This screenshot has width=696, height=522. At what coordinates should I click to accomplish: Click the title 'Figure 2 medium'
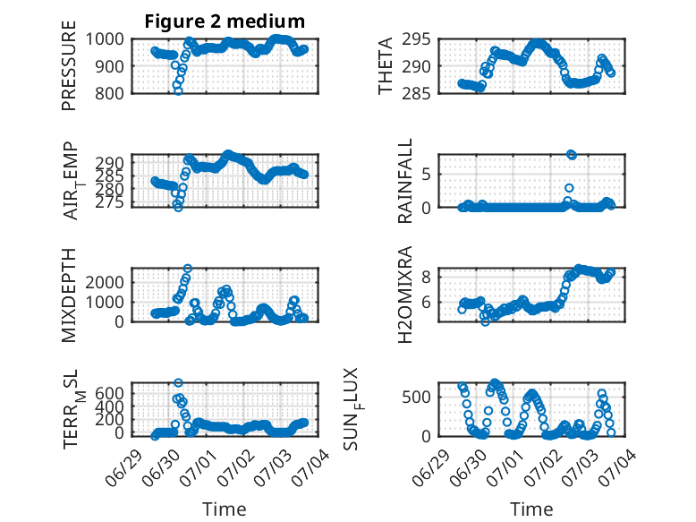[x=225, y=21]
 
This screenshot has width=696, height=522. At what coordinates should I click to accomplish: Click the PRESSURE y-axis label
[x=69, y=65]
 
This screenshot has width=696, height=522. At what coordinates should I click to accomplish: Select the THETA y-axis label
[x=386, y=65]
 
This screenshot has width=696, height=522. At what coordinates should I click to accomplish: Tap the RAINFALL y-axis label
[x=405, y=181]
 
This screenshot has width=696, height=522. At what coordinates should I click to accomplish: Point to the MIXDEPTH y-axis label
[x=69, y=295]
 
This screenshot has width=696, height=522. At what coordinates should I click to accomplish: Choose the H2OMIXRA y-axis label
[x=405, y=295]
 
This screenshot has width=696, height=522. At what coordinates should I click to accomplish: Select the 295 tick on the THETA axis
[x=416, y=39]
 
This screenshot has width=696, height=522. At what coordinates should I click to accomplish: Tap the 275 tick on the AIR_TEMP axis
[x=110, y=202]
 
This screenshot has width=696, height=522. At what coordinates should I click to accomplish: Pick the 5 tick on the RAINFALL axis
[x=426, y=174]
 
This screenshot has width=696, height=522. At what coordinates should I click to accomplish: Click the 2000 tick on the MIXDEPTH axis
[x=105, y=283]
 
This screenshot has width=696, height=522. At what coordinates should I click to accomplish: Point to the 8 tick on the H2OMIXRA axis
[x=426, y=278]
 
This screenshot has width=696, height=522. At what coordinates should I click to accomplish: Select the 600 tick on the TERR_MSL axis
[x=110, y=394]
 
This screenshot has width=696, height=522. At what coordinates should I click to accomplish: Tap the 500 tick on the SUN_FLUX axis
[x=416, y=398]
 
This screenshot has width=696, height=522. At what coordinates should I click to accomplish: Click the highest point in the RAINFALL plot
[x=572, y=155]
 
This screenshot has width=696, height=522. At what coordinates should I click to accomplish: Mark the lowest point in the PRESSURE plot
[x=178, y=91]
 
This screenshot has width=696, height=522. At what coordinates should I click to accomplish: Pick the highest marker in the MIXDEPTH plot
[x=188, y=269]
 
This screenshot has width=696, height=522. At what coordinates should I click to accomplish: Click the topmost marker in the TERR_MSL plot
[x=178, y=382]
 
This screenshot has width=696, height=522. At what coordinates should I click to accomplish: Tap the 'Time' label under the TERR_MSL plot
[x=225, y=509]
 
